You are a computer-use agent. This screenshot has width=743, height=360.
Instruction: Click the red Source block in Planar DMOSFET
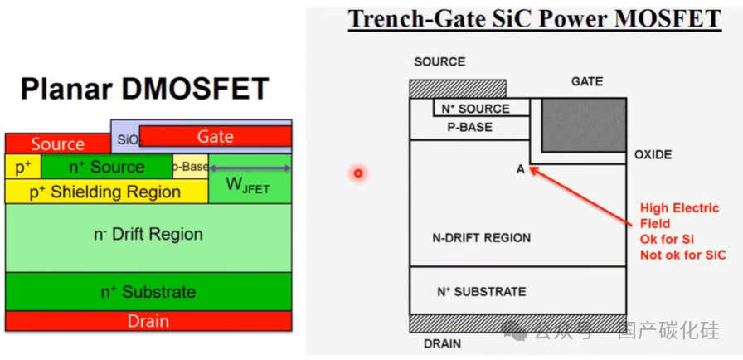click(x=57, y=144)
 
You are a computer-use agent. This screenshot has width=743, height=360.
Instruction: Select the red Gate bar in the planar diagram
click(x=216, y=136)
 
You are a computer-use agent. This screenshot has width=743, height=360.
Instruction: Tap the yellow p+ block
click(x=22, y=167)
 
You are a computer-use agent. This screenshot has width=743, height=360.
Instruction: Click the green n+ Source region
click(x=106, y=167)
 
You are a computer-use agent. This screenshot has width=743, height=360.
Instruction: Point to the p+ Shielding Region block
click(x=106, y=192)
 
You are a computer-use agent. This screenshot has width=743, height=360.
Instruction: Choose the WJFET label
click(x=250, y=187)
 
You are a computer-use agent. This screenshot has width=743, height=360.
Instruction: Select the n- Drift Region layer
click(x=148, y=235)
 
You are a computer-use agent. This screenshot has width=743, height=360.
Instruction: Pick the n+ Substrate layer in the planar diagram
click(x=148, y=292)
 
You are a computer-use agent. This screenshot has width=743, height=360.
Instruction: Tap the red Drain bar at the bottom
click(x=148, y=321)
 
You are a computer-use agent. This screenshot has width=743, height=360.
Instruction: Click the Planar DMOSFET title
click(x=145, y=89)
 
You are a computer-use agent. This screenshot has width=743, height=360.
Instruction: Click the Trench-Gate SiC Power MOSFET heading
click(x=534, y=19)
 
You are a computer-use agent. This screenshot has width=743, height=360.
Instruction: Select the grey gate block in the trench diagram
click(x=584, y=124)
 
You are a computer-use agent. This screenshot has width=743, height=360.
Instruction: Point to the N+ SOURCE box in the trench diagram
click(x=481, y=108)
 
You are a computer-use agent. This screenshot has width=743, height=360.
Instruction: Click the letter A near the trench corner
click(x=521, y=169)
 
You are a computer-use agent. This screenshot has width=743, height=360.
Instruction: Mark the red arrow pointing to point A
click(x=580, y=196)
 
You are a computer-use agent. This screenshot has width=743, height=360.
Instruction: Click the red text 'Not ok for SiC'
click(x=682, y=255)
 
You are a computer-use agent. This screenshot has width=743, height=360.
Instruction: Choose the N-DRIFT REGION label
click(x=481, y=238)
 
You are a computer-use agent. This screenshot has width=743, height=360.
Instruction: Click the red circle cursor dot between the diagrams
click(x=358, y=173)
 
